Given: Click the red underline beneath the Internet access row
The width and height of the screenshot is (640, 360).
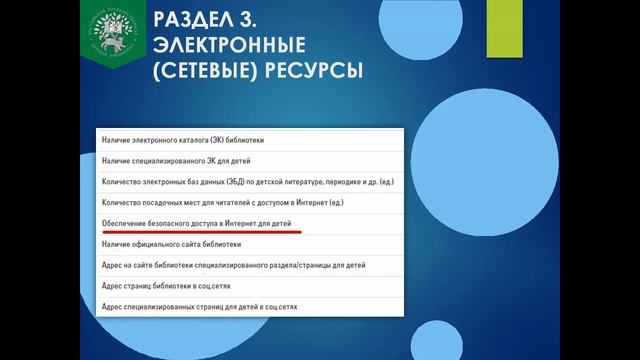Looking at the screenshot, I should coord(201,236).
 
